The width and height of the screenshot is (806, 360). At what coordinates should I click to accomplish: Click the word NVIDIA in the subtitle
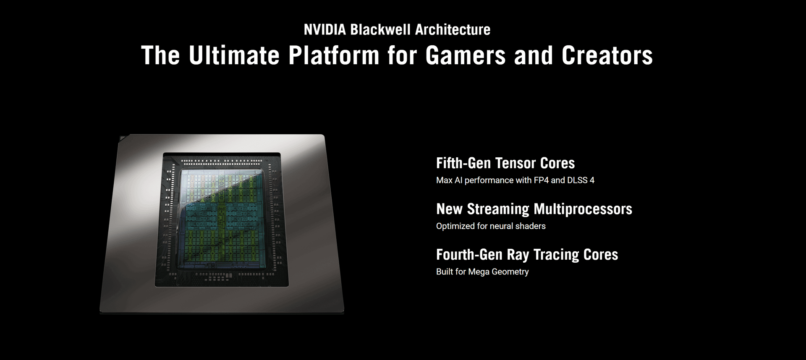(325, 30)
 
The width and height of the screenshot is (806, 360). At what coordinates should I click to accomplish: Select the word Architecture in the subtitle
(453, 30)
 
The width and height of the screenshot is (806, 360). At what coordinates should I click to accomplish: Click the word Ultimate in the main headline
(234, 55)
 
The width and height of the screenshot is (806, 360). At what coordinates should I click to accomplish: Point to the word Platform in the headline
(334, 55)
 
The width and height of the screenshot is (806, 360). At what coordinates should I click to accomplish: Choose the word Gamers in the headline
(466, 55)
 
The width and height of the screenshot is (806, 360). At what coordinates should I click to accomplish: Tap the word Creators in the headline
(607, 55)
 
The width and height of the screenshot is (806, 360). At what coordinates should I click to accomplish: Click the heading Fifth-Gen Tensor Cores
(505, 163)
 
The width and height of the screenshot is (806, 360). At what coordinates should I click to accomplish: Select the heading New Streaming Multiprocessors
(534, 209)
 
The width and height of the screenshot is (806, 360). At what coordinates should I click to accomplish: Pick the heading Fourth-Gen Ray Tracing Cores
(527, 255)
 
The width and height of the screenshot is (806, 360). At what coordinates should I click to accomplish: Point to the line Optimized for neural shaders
(491, 226)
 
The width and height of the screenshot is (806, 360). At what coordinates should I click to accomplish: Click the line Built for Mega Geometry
(482, 272)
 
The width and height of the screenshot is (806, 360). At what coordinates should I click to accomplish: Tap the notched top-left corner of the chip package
(122, 138)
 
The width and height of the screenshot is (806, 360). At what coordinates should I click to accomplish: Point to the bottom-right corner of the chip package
(343, 312)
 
